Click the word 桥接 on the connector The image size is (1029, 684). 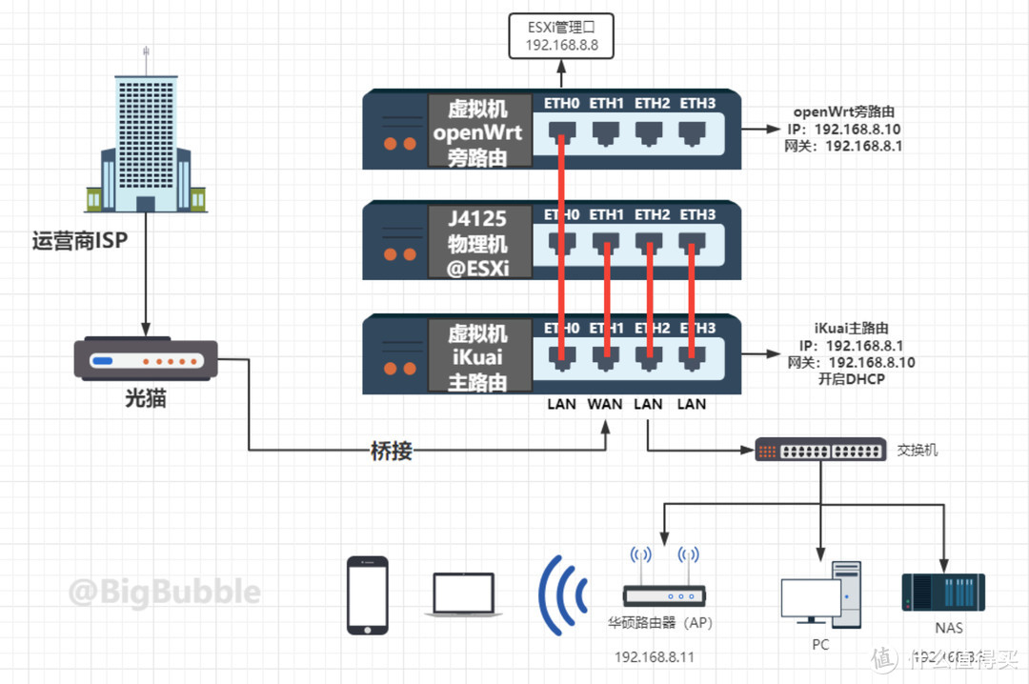coord(391,451)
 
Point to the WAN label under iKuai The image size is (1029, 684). coord(605,404)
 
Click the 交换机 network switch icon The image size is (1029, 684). coord(820,449)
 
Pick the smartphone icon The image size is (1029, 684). coord(368,595)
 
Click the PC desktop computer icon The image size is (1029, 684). coord(820,594)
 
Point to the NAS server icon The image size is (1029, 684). coord(943,591)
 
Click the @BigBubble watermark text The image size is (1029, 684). coord(164,592)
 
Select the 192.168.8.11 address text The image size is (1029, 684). coord(655,657)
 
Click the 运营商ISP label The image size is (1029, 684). coord(80,241)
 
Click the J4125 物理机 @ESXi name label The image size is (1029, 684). coord(478,242)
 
